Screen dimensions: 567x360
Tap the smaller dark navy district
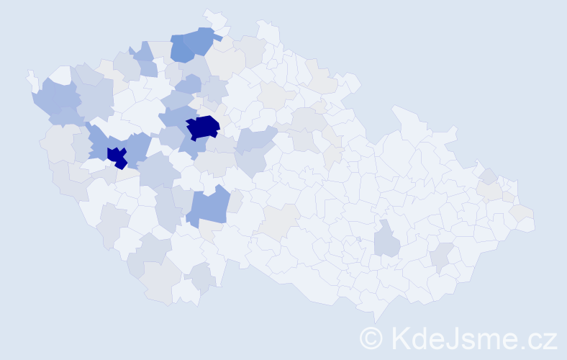click(117, 156)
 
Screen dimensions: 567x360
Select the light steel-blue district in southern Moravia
click(387, 239)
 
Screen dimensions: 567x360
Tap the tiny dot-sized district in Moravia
click(358, 239)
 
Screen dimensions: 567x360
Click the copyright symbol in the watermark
click(371, 338)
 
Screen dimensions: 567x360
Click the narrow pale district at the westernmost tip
click(32, 80)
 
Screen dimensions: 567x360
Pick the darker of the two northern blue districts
click(183, 50)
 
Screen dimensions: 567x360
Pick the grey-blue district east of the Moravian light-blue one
click(440, 255)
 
